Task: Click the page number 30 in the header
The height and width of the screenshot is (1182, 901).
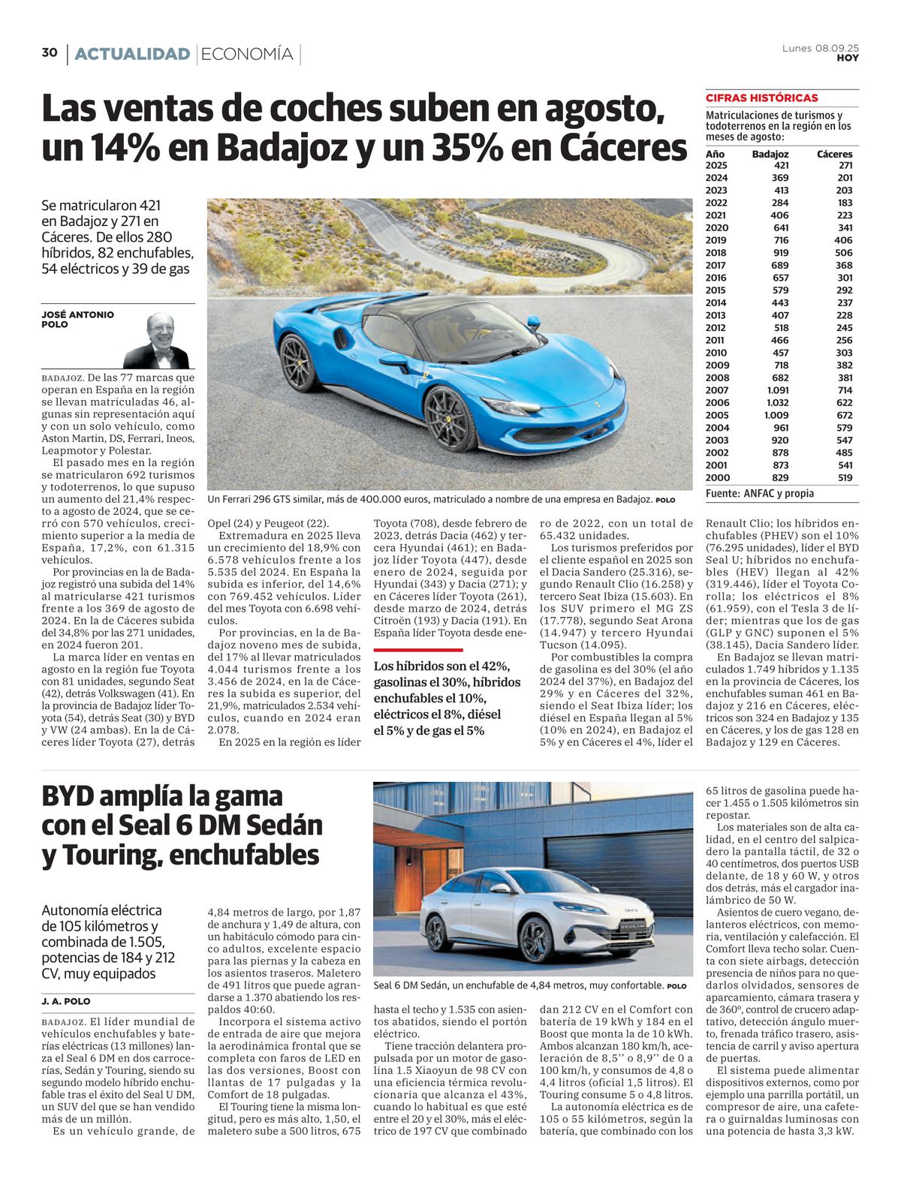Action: (x=50, y=53)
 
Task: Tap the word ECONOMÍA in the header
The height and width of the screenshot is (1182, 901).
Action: (x=247, y=54)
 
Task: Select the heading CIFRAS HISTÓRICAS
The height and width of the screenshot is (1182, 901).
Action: (x=761, y=98)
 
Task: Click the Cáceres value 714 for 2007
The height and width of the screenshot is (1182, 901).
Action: (x=843, y=390)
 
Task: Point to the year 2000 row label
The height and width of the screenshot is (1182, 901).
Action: (x=716, y=477)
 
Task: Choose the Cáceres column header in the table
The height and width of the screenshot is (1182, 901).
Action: (x=834, y=153)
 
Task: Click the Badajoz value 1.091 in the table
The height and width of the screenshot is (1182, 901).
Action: (x=776, y=390)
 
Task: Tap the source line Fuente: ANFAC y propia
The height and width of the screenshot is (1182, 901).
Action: (x=759, y=494)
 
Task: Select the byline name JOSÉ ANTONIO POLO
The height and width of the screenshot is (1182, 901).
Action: (x=77, y=320)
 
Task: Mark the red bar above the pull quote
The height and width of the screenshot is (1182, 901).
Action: (x=418, y=649)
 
